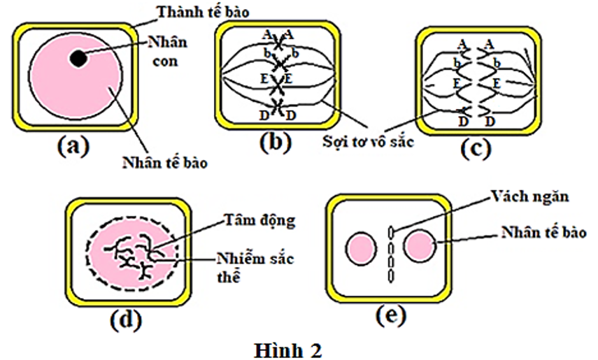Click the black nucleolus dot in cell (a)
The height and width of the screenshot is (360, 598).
(x=79, y=59)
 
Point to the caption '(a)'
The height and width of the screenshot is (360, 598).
(x=73, y=146)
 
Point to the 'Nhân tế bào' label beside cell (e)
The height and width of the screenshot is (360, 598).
(x=539, y=231)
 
